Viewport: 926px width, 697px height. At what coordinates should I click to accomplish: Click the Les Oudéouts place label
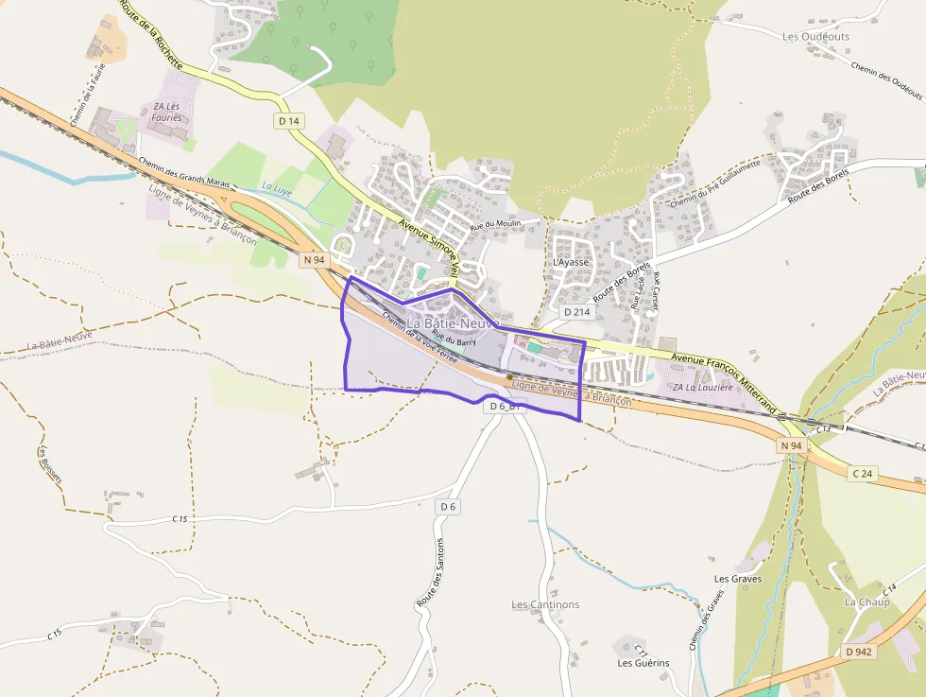[815, 37]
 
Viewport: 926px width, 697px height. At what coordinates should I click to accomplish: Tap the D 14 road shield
[289, 121]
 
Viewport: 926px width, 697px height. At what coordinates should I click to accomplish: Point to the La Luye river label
[277, 188]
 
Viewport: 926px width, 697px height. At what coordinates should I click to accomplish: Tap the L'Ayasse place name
[571, 262]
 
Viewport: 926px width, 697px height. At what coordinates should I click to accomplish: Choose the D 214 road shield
[576, 311]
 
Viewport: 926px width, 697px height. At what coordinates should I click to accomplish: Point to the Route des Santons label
[430, 572]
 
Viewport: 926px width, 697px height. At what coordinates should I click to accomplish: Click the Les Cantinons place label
[545, 604]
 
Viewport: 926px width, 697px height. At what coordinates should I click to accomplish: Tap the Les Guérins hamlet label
[643, 663]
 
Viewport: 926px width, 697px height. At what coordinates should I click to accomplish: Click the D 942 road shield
[860, 652]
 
